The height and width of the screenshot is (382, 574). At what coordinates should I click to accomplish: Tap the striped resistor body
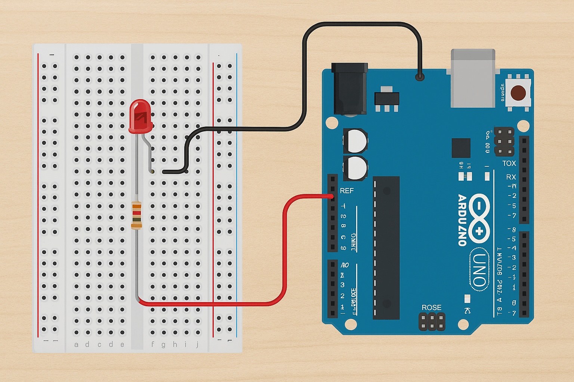pyautogui.click(x=136, y=215)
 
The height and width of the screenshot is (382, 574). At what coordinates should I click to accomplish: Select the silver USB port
pyautogui.click(x=473, y=78)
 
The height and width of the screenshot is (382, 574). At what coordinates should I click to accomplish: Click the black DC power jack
pyautogui.click(x=349, y=88)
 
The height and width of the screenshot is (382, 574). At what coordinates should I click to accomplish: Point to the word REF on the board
pyautogui.click(x=346, y=191)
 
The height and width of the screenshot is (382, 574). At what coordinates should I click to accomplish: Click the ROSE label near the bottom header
pyautogui.click(x=431, y=307)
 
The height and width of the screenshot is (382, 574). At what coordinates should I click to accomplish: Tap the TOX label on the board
pyautogui.click(x=509, y=163)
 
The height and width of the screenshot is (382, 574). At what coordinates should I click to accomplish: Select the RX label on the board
pyautogui.click(x=511, y=177)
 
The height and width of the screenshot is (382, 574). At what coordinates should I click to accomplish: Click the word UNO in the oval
pyautogui.click(x=479, y=269)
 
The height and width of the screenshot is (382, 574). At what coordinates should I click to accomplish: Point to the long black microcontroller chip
pyautogui.click(x=386, y=248)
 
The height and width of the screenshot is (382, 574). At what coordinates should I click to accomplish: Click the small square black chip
pyautogui.click(x=461, y=148)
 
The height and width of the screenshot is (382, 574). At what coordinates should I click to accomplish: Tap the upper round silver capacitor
pyautogui.click(x=355, y=141)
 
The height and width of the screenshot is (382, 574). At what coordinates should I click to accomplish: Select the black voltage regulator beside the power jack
pyautogui.click(x=387, y=98)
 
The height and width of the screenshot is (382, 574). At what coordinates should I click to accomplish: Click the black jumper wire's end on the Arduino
pyautogui.click(x=420, y=77)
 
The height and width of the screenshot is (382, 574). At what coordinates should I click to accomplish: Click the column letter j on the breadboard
pyautogui.click(x=197, y=344)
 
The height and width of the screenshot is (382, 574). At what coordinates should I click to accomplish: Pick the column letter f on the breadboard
pyautogui.click(x=152, y=344)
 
